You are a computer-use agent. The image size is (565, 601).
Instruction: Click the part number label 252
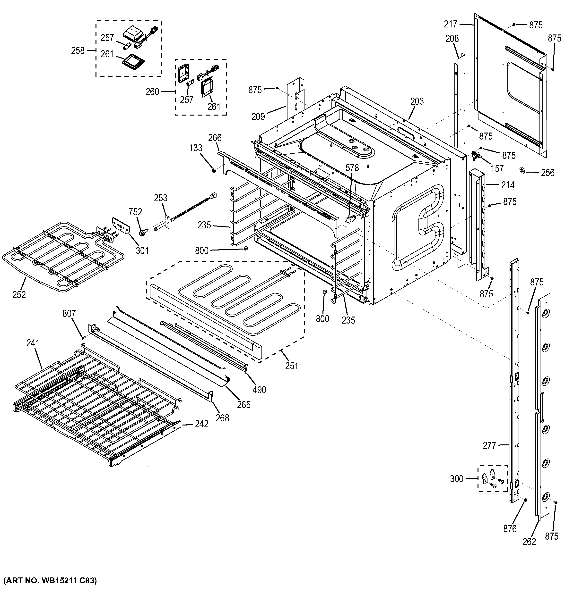tap(19, 294)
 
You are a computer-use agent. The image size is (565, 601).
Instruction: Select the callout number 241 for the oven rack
tap(33, 343)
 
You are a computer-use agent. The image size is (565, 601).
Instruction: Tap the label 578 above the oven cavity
tap(352, 168)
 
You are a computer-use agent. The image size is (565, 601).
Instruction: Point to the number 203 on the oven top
tap(417, 101)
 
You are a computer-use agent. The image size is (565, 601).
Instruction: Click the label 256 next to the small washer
tap(548, 173)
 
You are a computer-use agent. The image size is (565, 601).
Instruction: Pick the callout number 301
tap(142, 250)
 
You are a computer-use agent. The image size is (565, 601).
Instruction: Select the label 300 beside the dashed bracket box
tap(457, 479)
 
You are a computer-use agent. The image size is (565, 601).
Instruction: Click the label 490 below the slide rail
tap(259, 390)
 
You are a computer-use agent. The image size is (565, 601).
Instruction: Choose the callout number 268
tap(222, 418)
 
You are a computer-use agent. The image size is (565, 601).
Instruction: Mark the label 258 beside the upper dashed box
tap(78, 50)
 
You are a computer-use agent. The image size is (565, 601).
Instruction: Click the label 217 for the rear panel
tap(451, 24)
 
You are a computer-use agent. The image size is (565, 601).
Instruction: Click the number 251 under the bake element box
tap(291, 366)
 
